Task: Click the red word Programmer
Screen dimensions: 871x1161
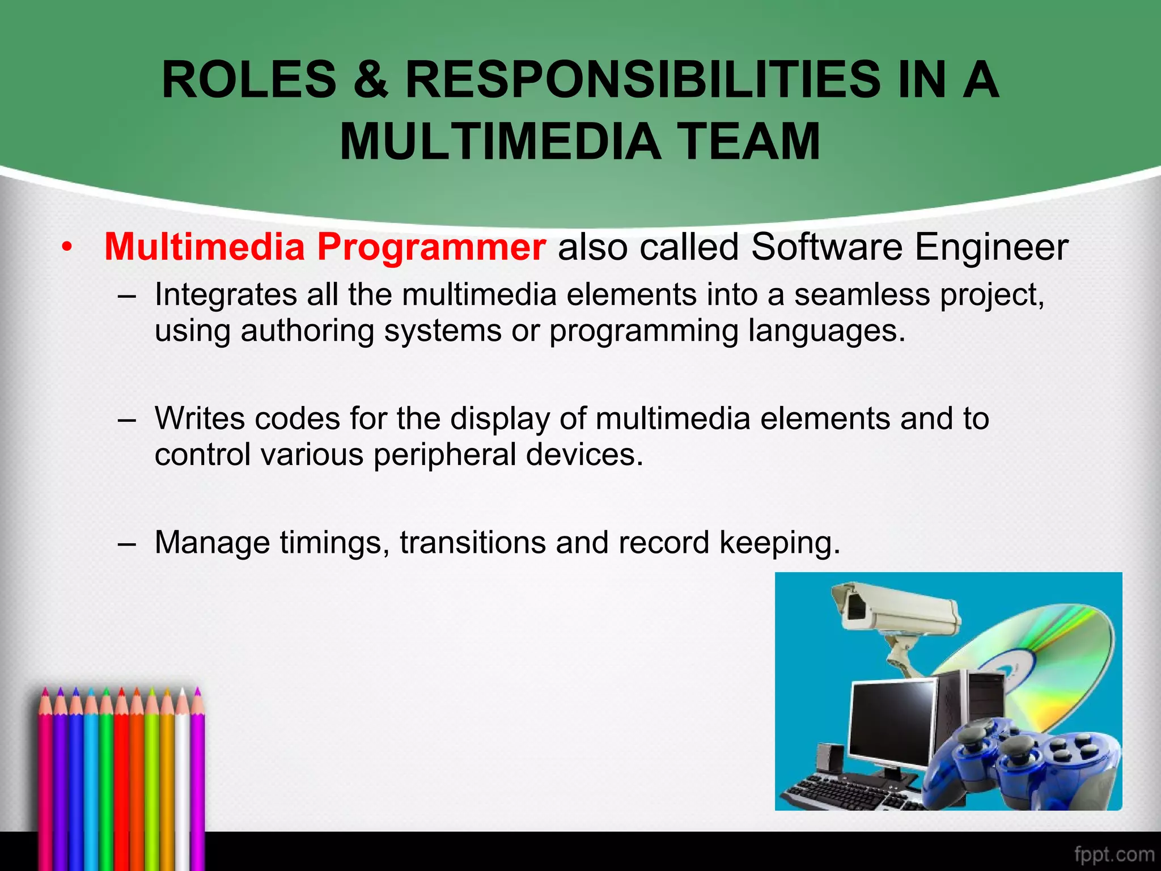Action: click(x=431, y=248)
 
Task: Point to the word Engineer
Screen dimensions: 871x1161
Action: click(x=991, y=248)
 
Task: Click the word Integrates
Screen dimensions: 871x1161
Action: click(x=226, y=295)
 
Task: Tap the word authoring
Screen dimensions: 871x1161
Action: click(x=307, y=331)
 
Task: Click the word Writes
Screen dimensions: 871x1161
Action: click(x=200, y=418)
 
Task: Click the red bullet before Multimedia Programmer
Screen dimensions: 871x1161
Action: click(x=67, y=248)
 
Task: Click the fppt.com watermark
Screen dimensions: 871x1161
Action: click(x=1114, y=854)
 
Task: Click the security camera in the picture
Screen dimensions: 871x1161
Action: click(x=896, y=612)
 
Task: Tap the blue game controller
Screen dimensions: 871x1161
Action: click(x=1020, y=760)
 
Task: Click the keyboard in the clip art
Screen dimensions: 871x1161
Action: click(x=845, y=791)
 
